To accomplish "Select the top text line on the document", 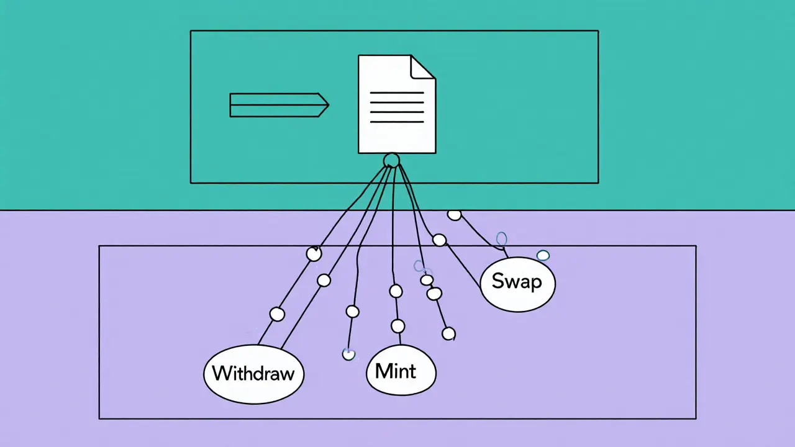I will point(397,93).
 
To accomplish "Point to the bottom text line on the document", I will point(397,122).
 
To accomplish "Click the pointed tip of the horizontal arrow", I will point(327,105).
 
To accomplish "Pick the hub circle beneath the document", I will point(391,161).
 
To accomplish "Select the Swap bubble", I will point(517,282).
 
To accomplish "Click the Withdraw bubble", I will point(254,373).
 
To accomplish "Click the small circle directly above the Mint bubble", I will point(398,326).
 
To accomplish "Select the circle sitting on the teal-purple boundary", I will point(455,215).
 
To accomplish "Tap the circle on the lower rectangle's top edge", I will point(314,253).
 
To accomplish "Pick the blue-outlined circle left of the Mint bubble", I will point(348,354).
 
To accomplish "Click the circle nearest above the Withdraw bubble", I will point(278,315).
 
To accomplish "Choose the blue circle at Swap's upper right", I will point(543,255).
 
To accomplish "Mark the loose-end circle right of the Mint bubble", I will point(448,334).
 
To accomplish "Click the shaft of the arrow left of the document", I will point(273,105).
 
